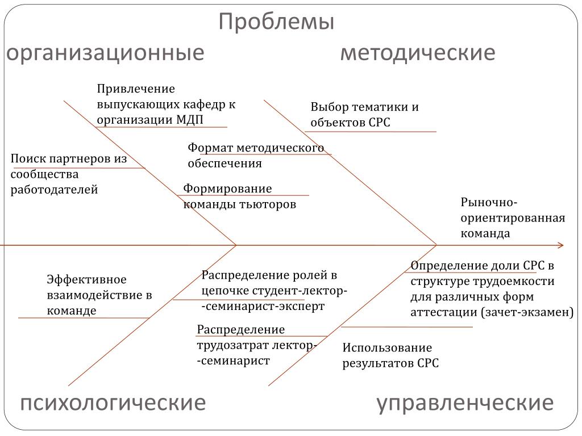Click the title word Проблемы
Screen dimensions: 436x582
(277, 23)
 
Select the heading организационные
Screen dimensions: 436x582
(105, 53)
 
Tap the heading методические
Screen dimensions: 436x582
(418, 53)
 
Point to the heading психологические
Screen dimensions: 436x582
(113, 403)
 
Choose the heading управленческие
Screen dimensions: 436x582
(465, 403)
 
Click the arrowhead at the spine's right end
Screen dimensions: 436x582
(560, 245)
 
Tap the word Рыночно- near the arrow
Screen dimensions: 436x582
(489, 203)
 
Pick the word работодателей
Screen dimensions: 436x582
(55, 190)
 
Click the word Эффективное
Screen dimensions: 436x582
(86, 280)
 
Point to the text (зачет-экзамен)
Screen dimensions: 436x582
(527, 312)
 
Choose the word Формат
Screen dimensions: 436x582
(210, 148)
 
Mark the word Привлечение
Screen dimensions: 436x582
(136, 89)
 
